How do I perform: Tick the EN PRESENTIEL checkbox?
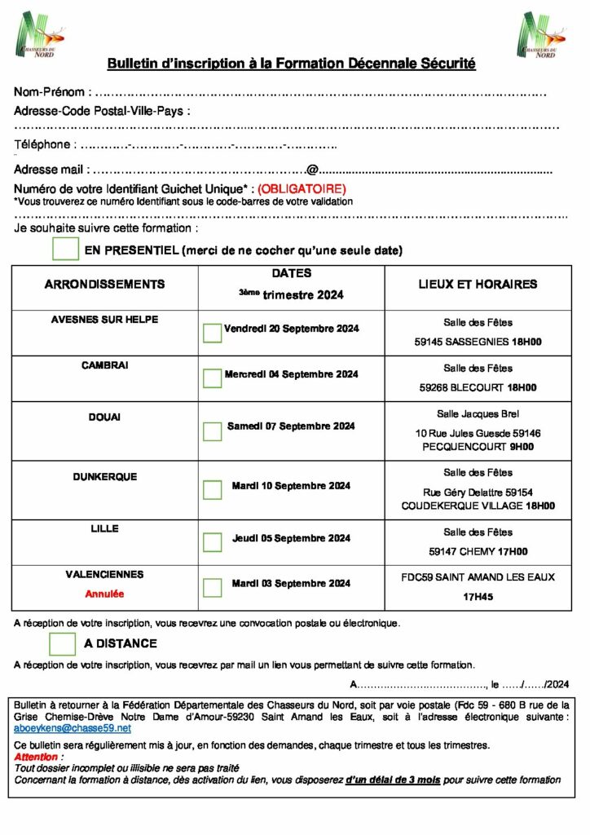tap(65, 249)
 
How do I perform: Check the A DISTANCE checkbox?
tap(62, 643)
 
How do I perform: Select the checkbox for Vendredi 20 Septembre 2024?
tap(212, 332)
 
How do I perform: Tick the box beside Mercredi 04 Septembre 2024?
tap(212, 378)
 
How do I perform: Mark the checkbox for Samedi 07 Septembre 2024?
tap(212, 431)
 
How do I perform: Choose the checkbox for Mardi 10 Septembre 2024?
tap(212, 489)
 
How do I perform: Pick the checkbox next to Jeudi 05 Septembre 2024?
tap(212, 541)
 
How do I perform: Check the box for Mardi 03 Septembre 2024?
tap(212, 587)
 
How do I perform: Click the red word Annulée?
tap(104, 594)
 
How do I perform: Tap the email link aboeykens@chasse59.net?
tap(73, 727)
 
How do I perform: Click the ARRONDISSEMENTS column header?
tap(104, 285)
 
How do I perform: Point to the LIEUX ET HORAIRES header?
tap(478, 285)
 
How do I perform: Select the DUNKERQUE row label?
tap(104, 476)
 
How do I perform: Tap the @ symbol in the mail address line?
tap(311, 170)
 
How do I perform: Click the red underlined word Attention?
tap(36, 758)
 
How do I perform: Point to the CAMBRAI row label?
tap(104, 365)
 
